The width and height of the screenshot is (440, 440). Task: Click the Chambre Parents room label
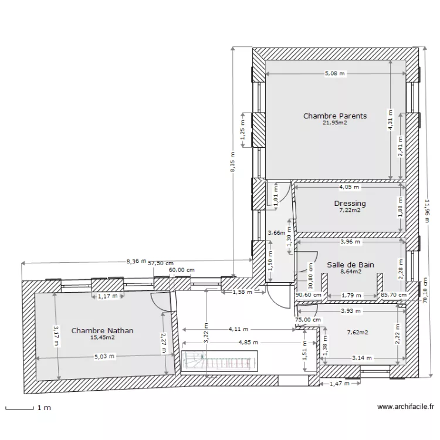point(334,116)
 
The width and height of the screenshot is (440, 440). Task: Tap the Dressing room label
point(350,204)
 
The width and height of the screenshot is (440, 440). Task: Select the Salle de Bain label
point(350,265)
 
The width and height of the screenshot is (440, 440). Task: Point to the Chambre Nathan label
point(102,331)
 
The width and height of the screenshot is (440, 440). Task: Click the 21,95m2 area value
point(334,123)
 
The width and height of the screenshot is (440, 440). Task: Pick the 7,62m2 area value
point(357,332)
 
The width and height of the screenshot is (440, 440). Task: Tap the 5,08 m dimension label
point(335,73)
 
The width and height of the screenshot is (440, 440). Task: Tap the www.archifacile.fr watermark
point(405,406)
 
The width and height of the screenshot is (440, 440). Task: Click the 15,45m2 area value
point(102,337)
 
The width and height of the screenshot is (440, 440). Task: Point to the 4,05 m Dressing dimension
point(349,187)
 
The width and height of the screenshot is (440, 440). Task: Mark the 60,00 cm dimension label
point(181,270)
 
